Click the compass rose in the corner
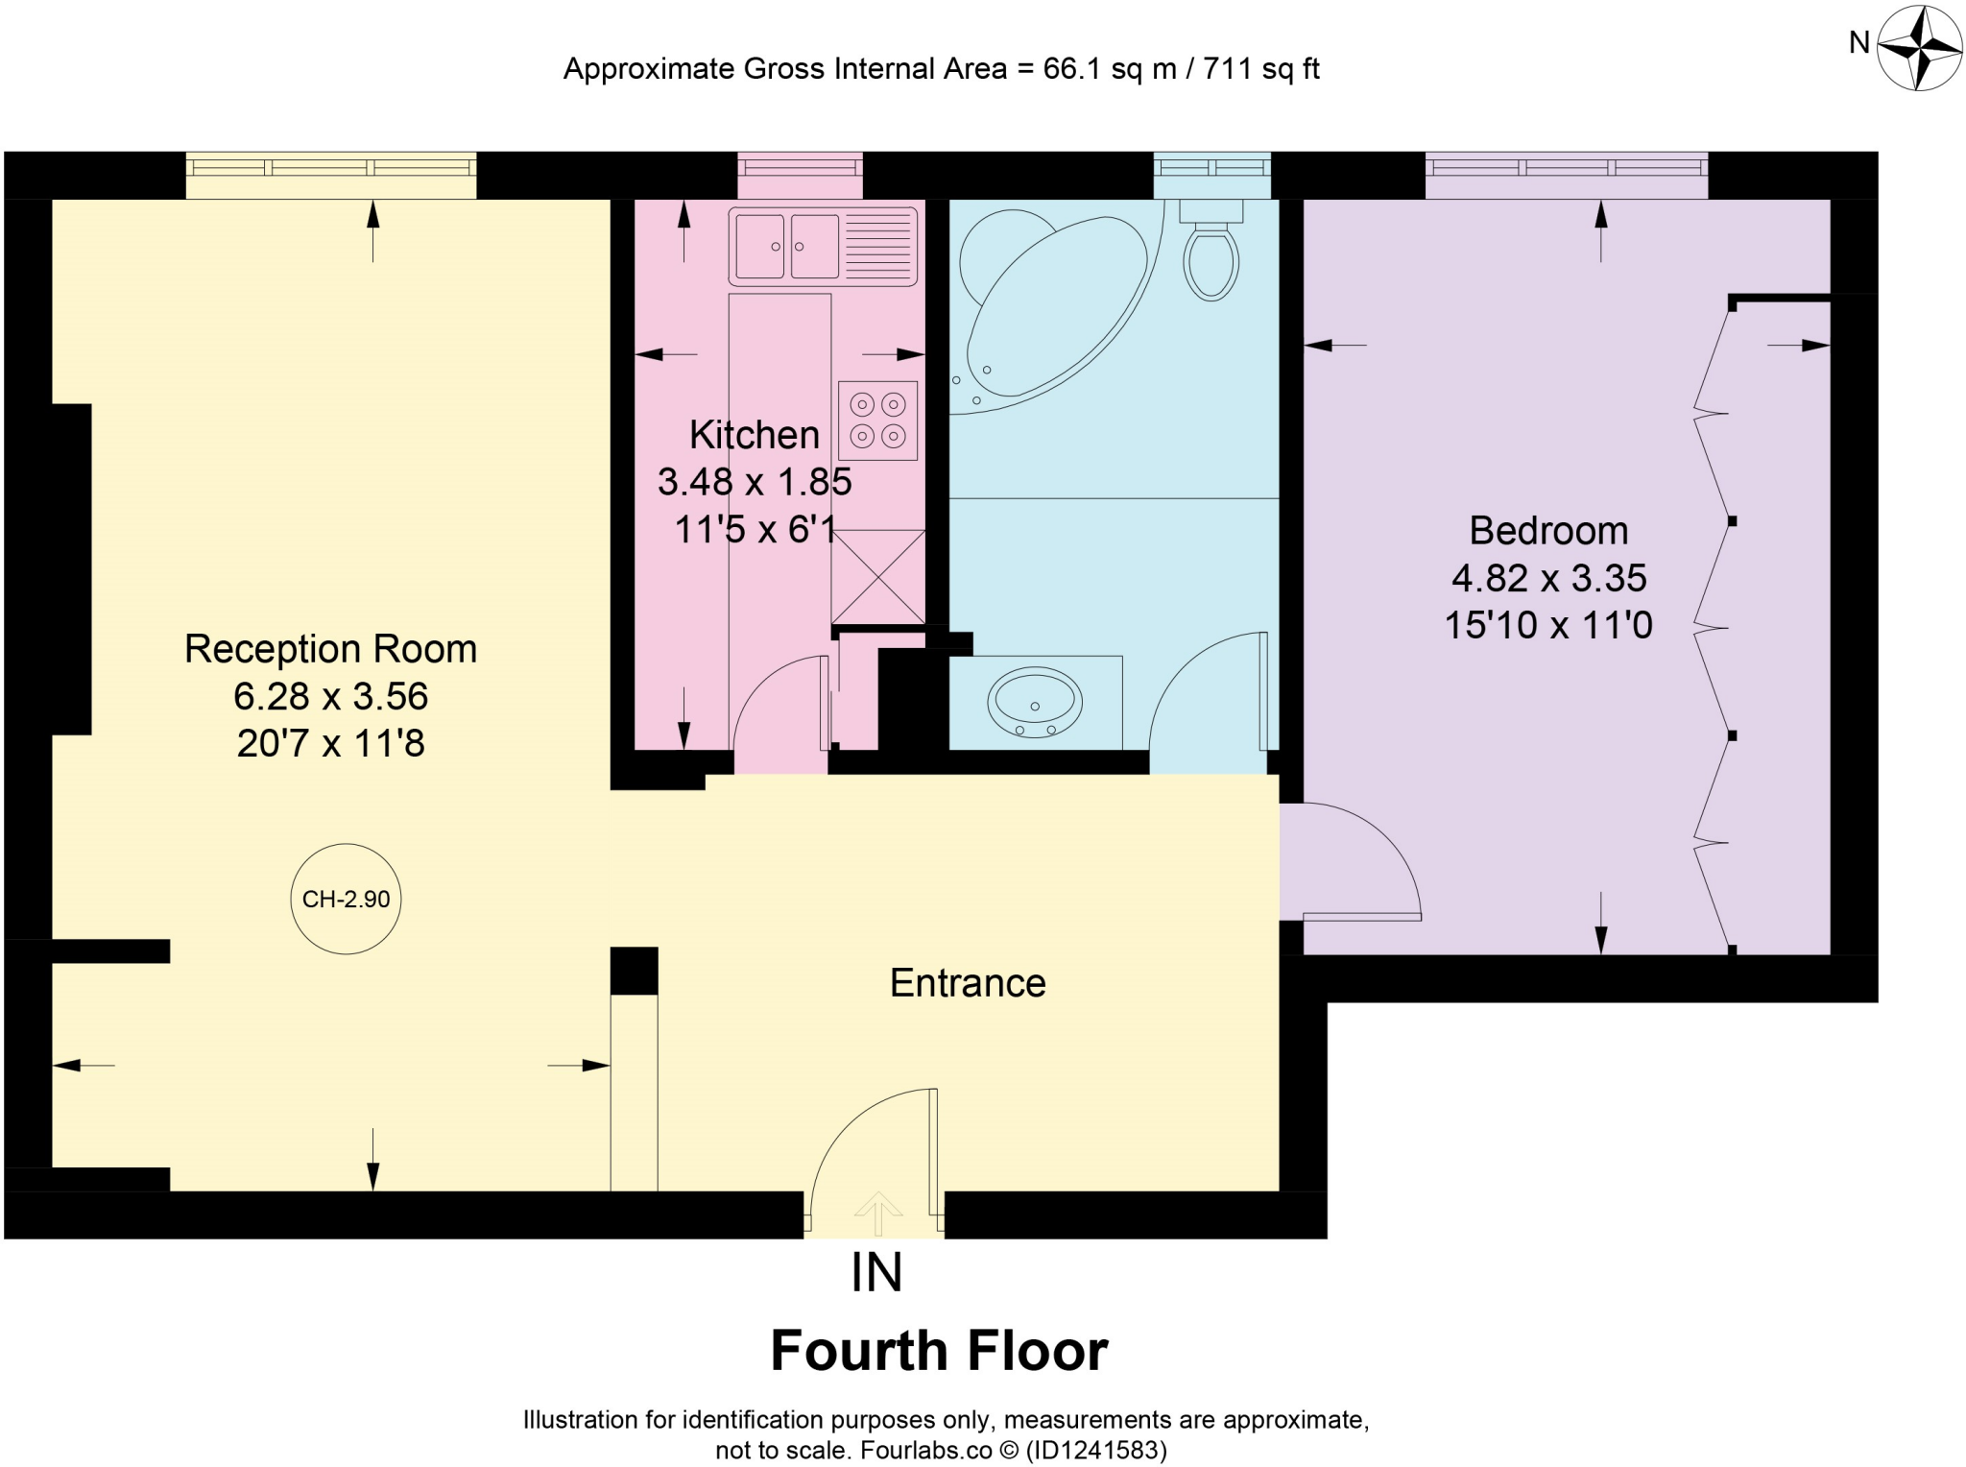[1919, 47]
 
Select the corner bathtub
[1051, 307]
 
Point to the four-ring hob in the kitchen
[877, 421]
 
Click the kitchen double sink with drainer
[823, 247]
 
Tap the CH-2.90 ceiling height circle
[346, 899]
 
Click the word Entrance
[967, 983]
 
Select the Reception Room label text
[330, 649]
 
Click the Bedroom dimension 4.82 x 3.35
[1548, 578]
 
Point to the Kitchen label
[755, 435]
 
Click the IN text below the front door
[876, 1273]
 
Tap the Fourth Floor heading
[939, 1351]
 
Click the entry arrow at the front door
[877, 1213]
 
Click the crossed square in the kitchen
[877, 576]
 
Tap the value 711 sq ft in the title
[1260, 69]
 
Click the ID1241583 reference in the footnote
[1097, 1450]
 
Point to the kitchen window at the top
[800, 167]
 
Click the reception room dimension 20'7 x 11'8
[330, 743]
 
